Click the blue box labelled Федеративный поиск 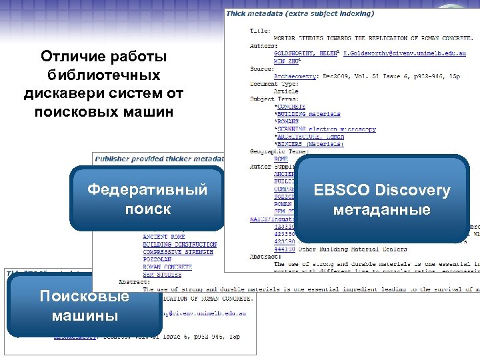coord(147,199)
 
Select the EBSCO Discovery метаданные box coord(382,199)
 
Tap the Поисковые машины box coord(84,305)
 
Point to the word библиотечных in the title coord(103,75)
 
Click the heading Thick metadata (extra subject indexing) coord(300,13)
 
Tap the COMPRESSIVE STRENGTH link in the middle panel coord(178,252)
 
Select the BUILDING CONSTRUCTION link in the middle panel coord(179,245)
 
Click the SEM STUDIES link coord(163,274)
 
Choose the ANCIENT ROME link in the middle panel coord(164,237)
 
